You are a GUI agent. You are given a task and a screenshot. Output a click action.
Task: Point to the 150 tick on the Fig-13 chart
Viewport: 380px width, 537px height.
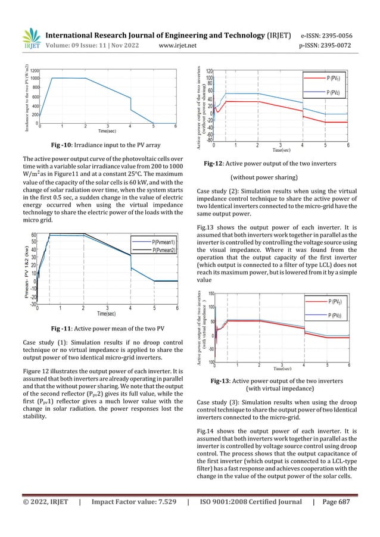212,294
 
